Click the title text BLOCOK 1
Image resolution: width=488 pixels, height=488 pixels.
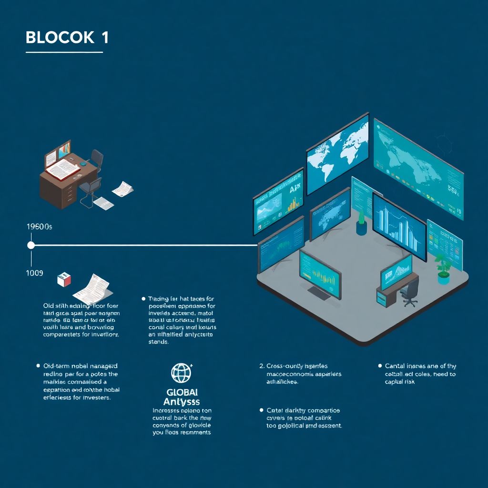pyautogui.click(x=67, y=38)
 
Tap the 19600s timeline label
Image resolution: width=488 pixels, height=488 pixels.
pyautogui.click(x=40, y=227)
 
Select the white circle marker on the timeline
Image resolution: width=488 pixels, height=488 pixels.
pyautogui.click(x=31, y=245)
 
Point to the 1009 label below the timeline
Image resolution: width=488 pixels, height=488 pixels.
pyautogui.click(x=35, y=273)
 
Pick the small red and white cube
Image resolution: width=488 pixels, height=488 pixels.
pyautogui.click(x=63, y=279)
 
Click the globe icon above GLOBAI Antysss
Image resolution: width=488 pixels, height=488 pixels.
pyautogui.click(x=181, y=373)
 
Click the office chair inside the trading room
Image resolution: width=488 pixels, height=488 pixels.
pyautogui.click(x=409, y=291)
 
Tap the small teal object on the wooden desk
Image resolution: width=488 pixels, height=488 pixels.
pyautogui.click(x=83, y=163)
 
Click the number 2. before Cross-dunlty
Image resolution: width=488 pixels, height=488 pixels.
pyautogui.click(x=262, y=366)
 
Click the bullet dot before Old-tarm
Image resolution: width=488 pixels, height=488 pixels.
pyautogui.click(x=38, y=366)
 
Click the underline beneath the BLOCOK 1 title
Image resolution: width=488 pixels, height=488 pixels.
pyautogui.click(x=64, y=52)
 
